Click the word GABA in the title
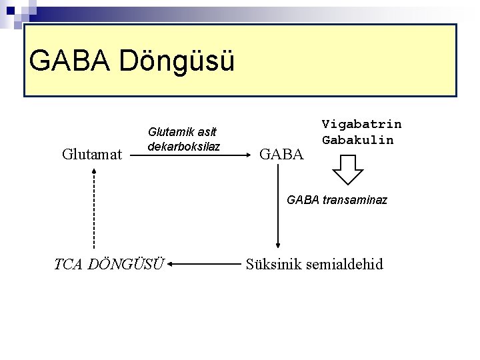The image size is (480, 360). tap(70, 61)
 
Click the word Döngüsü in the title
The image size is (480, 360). tap(177, 61)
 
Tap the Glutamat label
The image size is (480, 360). tap(92, 155)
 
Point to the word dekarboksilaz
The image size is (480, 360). tap(184, 146)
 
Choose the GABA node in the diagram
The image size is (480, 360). tap(281, 155)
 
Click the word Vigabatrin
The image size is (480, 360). tap(361, 124)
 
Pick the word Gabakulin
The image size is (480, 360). tap(357, 140)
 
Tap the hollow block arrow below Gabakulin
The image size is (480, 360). tap(347, 169)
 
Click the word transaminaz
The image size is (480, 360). tap(355, 199)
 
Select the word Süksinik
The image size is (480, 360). tap(273, 265)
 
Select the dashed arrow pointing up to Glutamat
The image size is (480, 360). tap(94, 207)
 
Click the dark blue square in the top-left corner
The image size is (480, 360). tap(9, 10)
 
